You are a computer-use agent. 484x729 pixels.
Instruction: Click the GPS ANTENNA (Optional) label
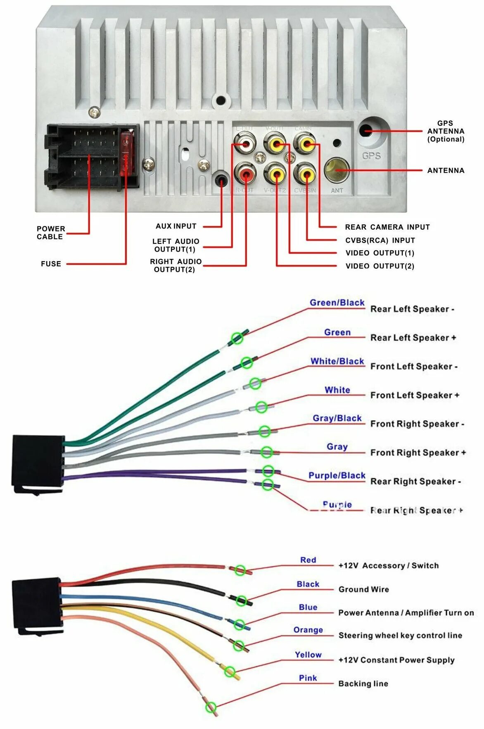[446, 131]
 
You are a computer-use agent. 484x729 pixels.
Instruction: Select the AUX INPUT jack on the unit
[222, 181]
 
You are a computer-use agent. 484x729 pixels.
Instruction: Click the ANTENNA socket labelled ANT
[337, 170]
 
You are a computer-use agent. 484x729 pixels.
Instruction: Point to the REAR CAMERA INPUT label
[387, 227]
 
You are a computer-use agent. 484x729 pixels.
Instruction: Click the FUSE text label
[51, 264]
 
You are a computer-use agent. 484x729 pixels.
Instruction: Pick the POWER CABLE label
[50, 233]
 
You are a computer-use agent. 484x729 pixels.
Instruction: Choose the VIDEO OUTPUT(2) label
[380, 266]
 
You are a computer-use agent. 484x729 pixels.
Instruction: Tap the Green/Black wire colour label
[337, 303]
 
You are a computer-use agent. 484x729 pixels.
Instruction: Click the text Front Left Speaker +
[415, 395]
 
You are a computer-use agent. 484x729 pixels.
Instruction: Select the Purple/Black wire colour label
[337, 475]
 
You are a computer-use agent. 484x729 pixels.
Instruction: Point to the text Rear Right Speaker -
[415, 481]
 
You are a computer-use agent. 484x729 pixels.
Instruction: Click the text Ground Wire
[363, 589]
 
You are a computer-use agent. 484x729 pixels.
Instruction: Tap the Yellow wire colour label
[308, 655]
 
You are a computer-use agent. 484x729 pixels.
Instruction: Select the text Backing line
[363, 684]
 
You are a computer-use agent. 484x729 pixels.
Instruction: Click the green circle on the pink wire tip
[211, 707]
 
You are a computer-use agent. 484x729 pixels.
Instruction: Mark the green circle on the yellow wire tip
[230, 672]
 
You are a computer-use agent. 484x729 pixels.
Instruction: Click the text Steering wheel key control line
[400, 635]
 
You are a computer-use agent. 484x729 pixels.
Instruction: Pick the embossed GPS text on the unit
[371, 156]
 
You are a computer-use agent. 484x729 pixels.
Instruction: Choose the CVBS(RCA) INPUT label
[380, 240]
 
